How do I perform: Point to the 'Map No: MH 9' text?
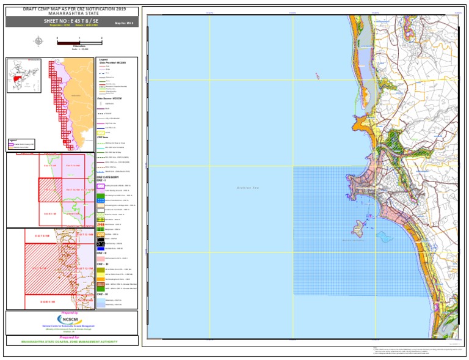click(x=124, y=23)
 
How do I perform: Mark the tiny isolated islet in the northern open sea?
click(x=317, y=76)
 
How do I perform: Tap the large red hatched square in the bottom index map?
click(x=48, y=267)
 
